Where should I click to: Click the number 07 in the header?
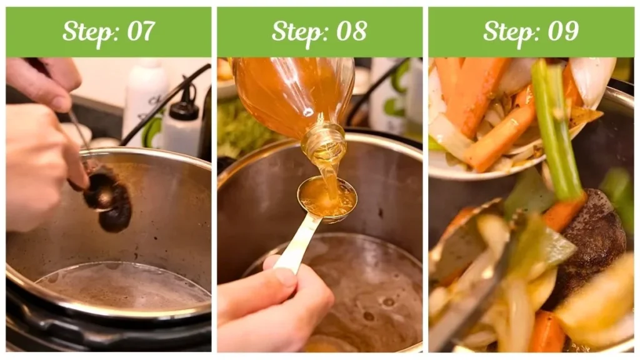141,31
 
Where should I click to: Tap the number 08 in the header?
352,31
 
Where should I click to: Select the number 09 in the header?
564,31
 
